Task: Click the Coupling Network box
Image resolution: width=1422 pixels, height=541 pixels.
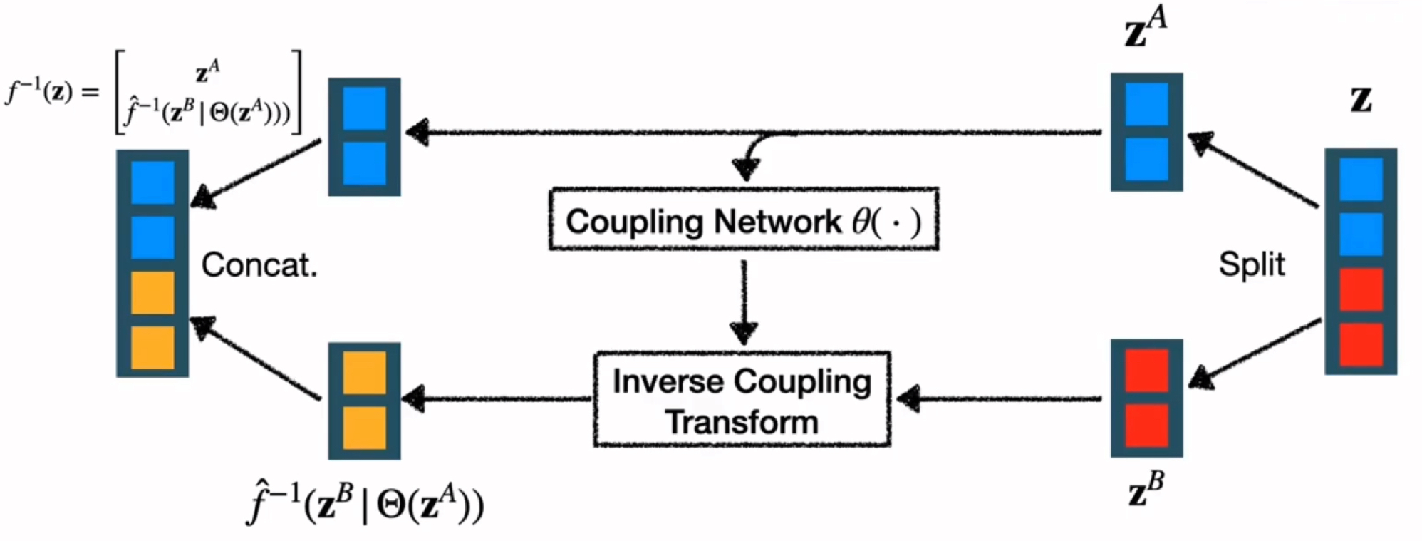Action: pos(743,220)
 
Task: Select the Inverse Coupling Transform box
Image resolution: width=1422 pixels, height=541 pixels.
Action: pos(742,400)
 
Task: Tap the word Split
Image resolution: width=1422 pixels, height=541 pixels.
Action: pos(1251,264)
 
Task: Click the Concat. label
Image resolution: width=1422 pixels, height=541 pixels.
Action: pos(259,265)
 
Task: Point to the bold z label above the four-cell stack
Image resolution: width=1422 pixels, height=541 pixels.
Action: pos(1361,101)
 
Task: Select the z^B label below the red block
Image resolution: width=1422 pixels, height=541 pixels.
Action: pos(1146,490)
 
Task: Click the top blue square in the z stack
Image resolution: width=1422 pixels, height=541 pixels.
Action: pos(1361,179)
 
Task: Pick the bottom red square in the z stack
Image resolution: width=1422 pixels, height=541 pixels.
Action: pos(1361,344)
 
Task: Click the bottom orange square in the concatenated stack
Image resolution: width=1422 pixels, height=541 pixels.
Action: pos(152,347)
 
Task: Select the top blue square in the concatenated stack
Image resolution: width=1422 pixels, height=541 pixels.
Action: pos(152,182)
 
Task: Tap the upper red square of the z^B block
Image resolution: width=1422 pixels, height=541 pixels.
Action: pos(1146,370)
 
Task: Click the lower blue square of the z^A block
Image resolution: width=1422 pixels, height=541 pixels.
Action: pos(1146,158)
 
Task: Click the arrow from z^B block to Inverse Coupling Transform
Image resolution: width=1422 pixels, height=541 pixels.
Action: pos(997,399)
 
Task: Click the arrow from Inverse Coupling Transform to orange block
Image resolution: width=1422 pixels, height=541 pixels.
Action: pos(499,399)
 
